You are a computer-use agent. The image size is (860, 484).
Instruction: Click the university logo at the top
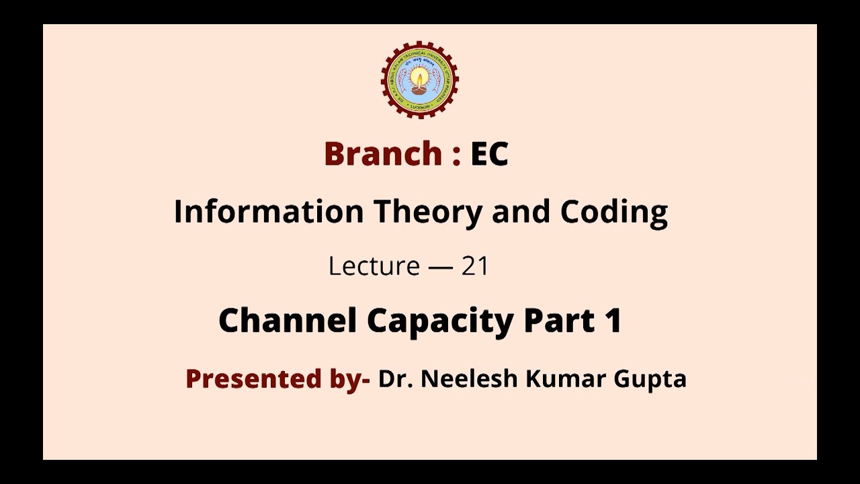pos(420,79)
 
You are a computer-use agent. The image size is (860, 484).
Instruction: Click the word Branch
pos(383,154)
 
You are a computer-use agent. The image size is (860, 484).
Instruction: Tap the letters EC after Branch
pos(489,154)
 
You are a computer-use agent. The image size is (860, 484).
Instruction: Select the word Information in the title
pos(268,212)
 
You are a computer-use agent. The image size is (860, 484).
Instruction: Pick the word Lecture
pos(374,267)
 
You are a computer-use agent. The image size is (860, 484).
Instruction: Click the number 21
pos(474,267)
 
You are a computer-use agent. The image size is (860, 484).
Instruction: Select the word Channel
pos(287,321)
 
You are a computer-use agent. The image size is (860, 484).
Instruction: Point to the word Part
pos(556,321)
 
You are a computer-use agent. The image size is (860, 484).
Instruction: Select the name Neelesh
pos(468,379)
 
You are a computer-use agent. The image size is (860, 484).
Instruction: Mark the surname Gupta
pos(650,380)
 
